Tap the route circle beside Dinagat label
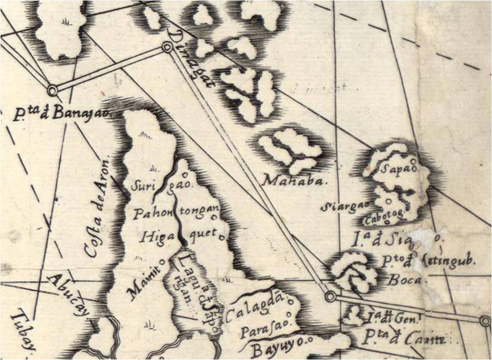tap(167, 48)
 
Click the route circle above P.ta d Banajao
tap(52, 91)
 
